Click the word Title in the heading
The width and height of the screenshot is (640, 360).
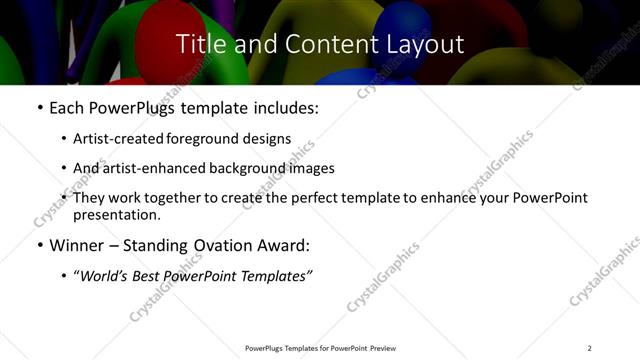click(x=199, y=45)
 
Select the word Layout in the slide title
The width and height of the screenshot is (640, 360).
click(x=426, y=45)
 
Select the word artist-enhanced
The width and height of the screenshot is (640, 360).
click(x=148, y=168)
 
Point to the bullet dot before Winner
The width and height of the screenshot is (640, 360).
click(x=39, y=246)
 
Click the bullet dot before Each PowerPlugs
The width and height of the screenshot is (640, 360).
click(x=39, y=108)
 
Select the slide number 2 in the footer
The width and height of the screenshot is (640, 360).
click(x=589, y=348)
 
